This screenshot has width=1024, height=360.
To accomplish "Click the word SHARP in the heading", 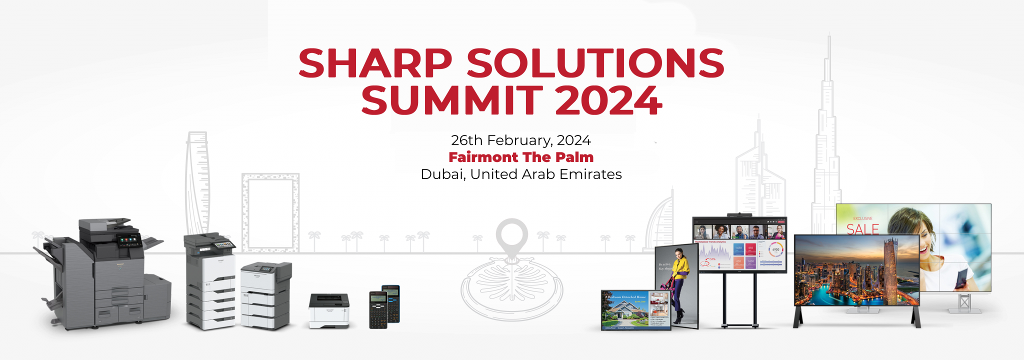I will coord(375,63).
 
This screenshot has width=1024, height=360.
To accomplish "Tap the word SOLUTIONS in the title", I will coord(595,63).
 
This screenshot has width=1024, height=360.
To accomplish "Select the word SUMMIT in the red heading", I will coord(451,100).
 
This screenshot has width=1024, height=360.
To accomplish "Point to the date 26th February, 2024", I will coord(520,140).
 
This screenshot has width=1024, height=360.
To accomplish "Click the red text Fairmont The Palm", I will coord(520,157).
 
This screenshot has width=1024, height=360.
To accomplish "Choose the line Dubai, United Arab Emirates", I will coord(520,174).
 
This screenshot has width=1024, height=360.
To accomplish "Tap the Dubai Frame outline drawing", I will coord(270,212).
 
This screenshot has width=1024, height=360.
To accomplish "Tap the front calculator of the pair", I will coord(378,310).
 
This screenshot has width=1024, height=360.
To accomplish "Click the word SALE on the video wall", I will coord(862,229).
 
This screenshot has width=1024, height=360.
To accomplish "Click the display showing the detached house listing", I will coord(635,310).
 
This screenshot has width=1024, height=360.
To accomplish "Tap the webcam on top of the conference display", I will coord(739,215).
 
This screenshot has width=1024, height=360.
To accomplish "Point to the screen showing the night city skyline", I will coord(856,270).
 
